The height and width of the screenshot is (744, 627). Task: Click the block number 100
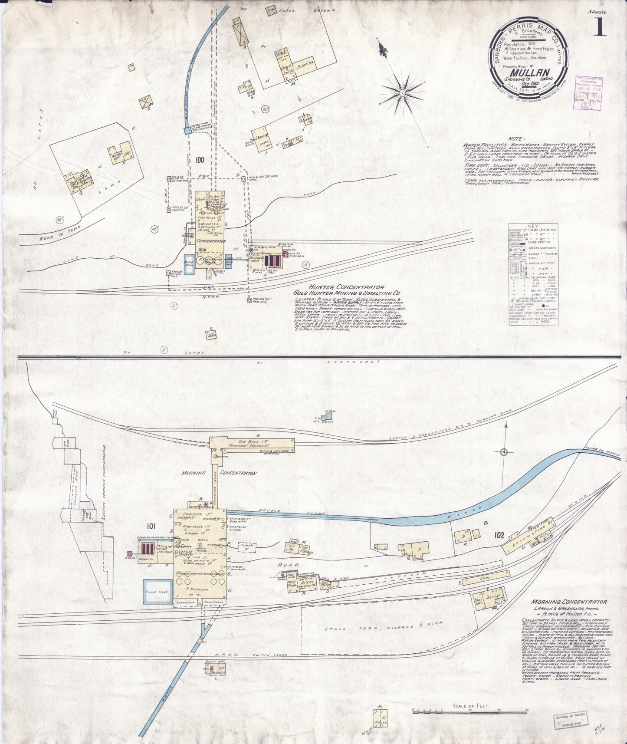(200, 160)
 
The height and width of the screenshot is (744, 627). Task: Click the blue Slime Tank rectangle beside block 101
(158, 591)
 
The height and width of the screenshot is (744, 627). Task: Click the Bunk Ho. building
(305, 64)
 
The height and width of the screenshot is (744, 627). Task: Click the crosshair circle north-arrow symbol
(504, 452)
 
